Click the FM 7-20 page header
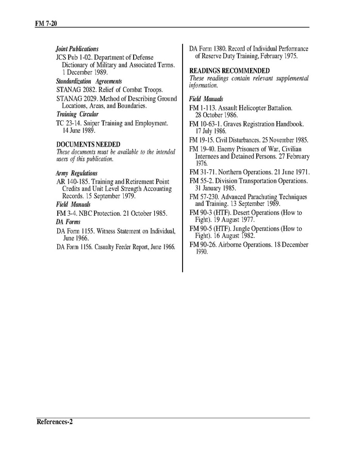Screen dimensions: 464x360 click(x=45, y=24)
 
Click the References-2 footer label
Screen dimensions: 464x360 click(x=55, y=422)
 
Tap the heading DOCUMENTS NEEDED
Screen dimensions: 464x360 click(x=88, y=144)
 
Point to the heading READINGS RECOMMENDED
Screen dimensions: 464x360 click(x=230, y=70)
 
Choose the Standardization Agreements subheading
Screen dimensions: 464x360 click(x=89, y=82)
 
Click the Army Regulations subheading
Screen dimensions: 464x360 click(x=76, y=173)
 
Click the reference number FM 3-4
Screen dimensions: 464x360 click(x=66, y=213)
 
